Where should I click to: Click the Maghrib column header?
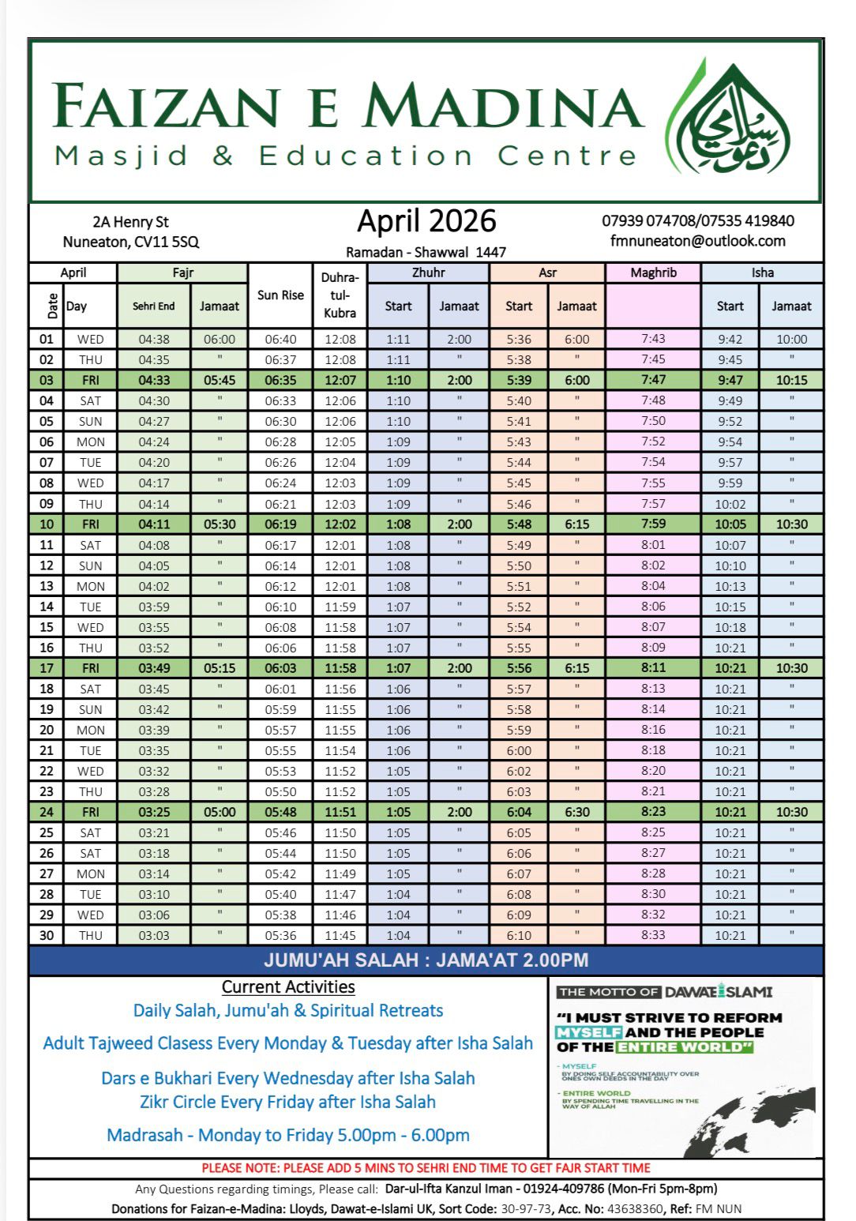653,273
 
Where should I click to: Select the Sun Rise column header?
280,295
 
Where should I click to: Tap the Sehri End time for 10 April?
154,524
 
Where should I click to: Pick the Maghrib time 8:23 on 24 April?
653,812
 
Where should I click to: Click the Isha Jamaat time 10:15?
791,381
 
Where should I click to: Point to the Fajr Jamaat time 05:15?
220,668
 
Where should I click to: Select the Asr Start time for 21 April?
519,751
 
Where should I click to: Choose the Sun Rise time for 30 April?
280,936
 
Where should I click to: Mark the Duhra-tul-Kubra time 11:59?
340,607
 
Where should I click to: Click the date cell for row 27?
47,874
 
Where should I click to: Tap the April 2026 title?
426,221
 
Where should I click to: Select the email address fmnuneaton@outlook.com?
697,242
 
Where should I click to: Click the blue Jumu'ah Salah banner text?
426,961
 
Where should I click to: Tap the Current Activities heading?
288,987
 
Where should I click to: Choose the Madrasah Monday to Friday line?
288,1136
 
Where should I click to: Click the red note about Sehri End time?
426,1168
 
